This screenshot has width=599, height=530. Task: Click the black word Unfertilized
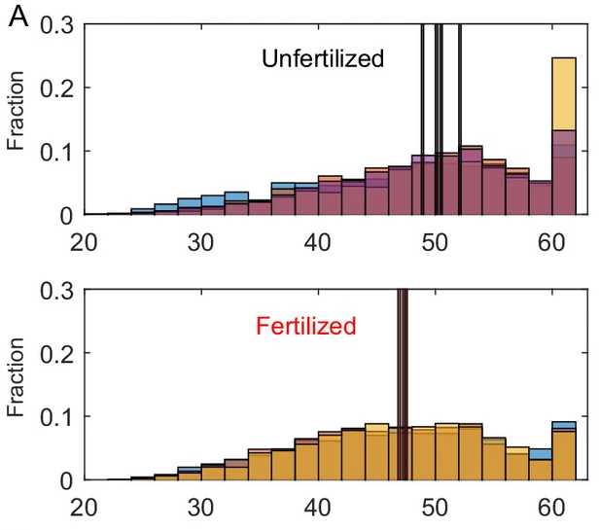pos(323,59)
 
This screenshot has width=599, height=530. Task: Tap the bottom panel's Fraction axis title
pos(16,387)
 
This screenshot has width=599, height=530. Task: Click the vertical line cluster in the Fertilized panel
pos(402,370)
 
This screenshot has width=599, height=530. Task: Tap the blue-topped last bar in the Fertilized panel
pos(565,425)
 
